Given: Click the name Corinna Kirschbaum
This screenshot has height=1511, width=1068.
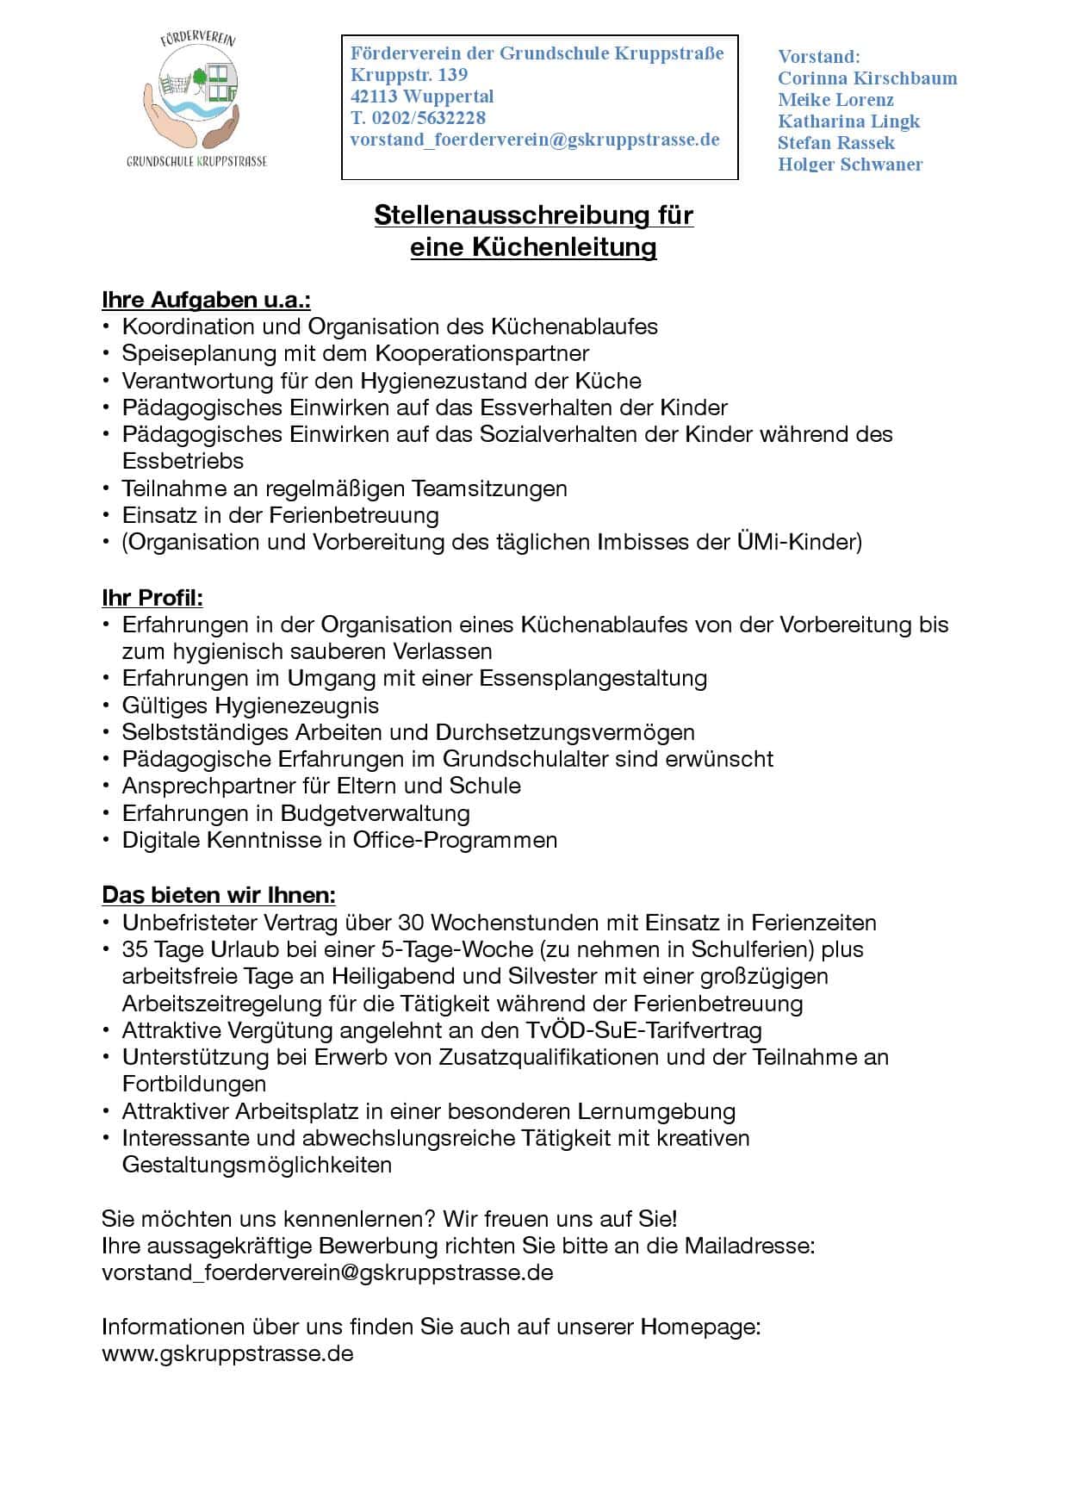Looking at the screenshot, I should click(866, 78).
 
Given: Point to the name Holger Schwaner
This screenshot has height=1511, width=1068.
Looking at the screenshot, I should click(849, 165).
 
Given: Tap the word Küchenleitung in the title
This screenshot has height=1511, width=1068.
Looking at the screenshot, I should click(563, 247).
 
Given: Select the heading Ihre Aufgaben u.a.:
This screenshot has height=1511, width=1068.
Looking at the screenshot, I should click(206, 300).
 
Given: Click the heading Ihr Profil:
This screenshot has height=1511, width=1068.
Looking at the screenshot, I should click(152, 597).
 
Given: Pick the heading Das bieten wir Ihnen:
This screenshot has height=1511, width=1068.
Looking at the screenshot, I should click(219, 895).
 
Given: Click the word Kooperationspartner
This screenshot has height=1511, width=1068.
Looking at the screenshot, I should click(481, 353).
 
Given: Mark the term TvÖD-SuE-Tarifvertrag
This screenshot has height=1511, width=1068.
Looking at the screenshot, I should click(643, 1030).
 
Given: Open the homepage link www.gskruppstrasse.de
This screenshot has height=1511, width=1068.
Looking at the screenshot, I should click(227, 1353).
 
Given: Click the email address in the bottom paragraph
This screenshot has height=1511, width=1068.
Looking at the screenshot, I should click(327, 1272).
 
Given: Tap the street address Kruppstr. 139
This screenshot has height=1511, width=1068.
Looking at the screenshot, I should click(408, 75).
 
